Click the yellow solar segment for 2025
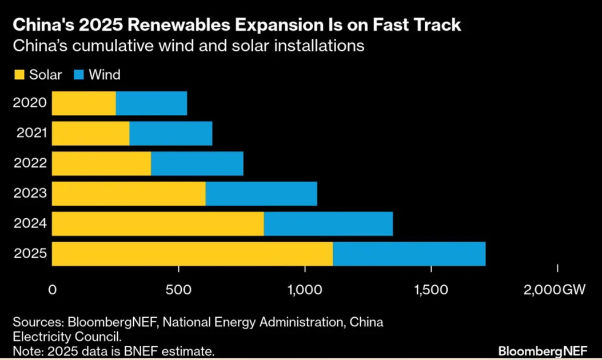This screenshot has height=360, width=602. [192, 254]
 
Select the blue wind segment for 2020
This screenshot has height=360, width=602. [151, 103]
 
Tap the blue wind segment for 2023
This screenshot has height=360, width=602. [261, 194]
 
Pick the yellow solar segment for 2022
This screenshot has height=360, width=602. [101, 163]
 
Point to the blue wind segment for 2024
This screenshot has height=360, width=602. [328, 223]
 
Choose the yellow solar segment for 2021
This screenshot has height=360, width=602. [90, 134]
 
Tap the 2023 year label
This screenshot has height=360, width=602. [30, 194]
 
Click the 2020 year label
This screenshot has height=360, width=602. [30, 103]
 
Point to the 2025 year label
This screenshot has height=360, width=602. [30, 254]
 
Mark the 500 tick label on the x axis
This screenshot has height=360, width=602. [178, 290]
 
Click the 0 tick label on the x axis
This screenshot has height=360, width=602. [53, 290]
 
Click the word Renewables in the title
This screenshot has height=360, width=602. [169, 26]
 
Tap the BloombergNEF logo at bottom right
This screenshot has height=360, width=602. [543, 349]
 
